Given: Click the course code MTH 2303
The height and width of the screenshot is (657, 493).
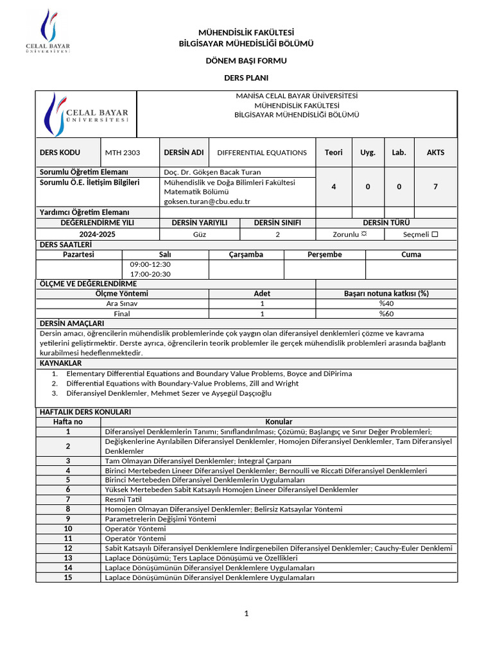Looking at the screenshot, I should [x=122, y=153].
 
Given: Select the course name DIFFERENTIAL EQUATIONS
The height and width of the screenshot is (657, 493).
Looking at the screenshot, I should [x=262, y=153].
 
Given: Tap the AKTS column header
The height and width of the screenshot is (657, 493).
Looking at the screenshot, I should [x=435, y=153].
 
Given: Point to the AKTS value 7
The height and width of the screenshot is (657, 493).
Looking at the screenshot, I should [x=435, y=187].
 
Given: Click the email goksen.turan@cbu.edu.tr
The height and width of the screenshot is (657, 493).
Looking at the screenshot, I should [x=207, y=201].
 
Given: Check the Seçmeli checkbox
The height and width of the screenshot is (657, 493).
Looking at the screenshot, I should [x=435, y=235].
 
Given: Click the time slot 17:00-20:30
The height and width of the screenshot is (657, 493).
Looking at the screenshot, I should [x=150, y=274].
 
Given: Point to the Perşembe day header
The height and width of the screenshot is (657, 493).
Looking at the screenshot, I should [x=324, y=255].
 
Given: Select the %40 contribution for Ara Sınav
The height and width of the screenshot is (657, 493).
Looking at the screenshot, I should [x=386, y=303].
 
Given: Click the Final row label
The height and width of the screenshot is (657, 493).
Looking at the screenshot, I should [x=122, y=314].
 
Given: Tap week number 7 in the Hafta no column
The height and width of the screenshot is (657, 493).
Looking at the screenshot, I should [x=68, y=499].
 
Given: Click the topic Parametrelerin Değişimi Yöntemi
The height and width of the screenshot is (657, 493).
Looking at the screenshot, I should [x=160, y=519].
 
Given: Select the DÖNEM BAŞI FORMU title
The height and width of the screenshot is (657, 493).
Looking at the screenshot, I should [x=246, y=61].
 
